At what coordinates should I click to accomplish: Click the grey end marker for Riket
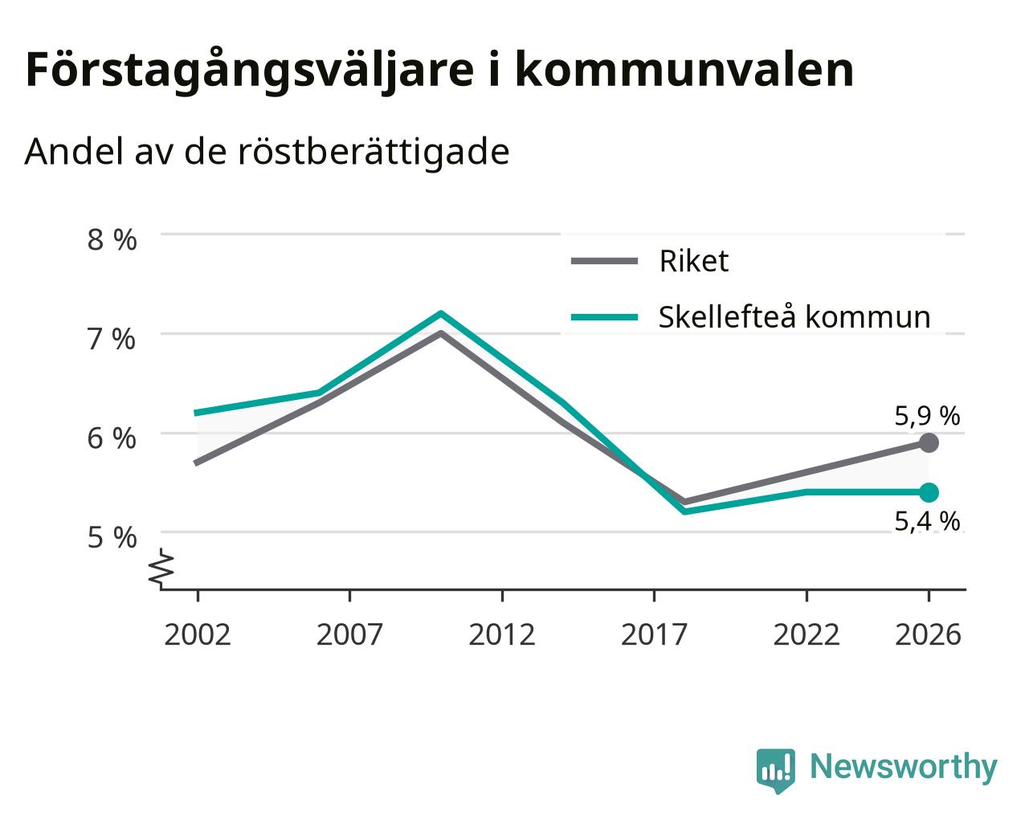929,443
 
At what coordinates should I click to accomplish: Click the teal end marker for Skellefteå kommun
929,492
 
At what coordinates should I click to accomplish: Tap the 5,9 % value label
927,416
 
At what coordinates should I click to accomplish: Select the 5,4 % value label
927,521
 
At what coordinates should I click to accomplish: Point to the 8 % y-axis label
112,239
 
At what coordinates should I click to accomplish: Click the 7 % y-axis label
112,339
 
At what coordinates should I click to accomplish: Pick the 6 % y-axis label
112,438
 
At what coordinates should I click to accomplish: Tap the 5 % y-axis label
112,538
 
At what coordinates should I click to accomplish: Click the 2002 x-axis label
197,634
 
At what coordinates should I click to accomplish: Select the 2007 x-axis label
349,634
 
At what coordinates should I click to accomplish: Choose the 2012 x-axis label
502,634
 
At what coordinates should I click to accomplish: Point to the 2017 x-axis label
654,634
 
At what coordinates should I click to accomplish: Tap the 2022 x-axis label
807,634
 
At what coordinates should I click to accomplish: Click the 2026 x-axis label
929,634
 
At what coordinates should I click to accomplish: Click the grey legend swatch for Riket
604,261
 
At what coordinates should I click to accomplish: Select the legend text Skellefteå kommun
794,316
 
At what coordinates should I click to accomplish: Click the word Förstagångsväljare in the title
250,71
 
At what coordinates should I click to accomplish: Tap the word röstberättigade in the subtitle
374,153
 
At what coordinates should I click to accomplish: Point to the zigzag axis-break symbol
161,567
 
